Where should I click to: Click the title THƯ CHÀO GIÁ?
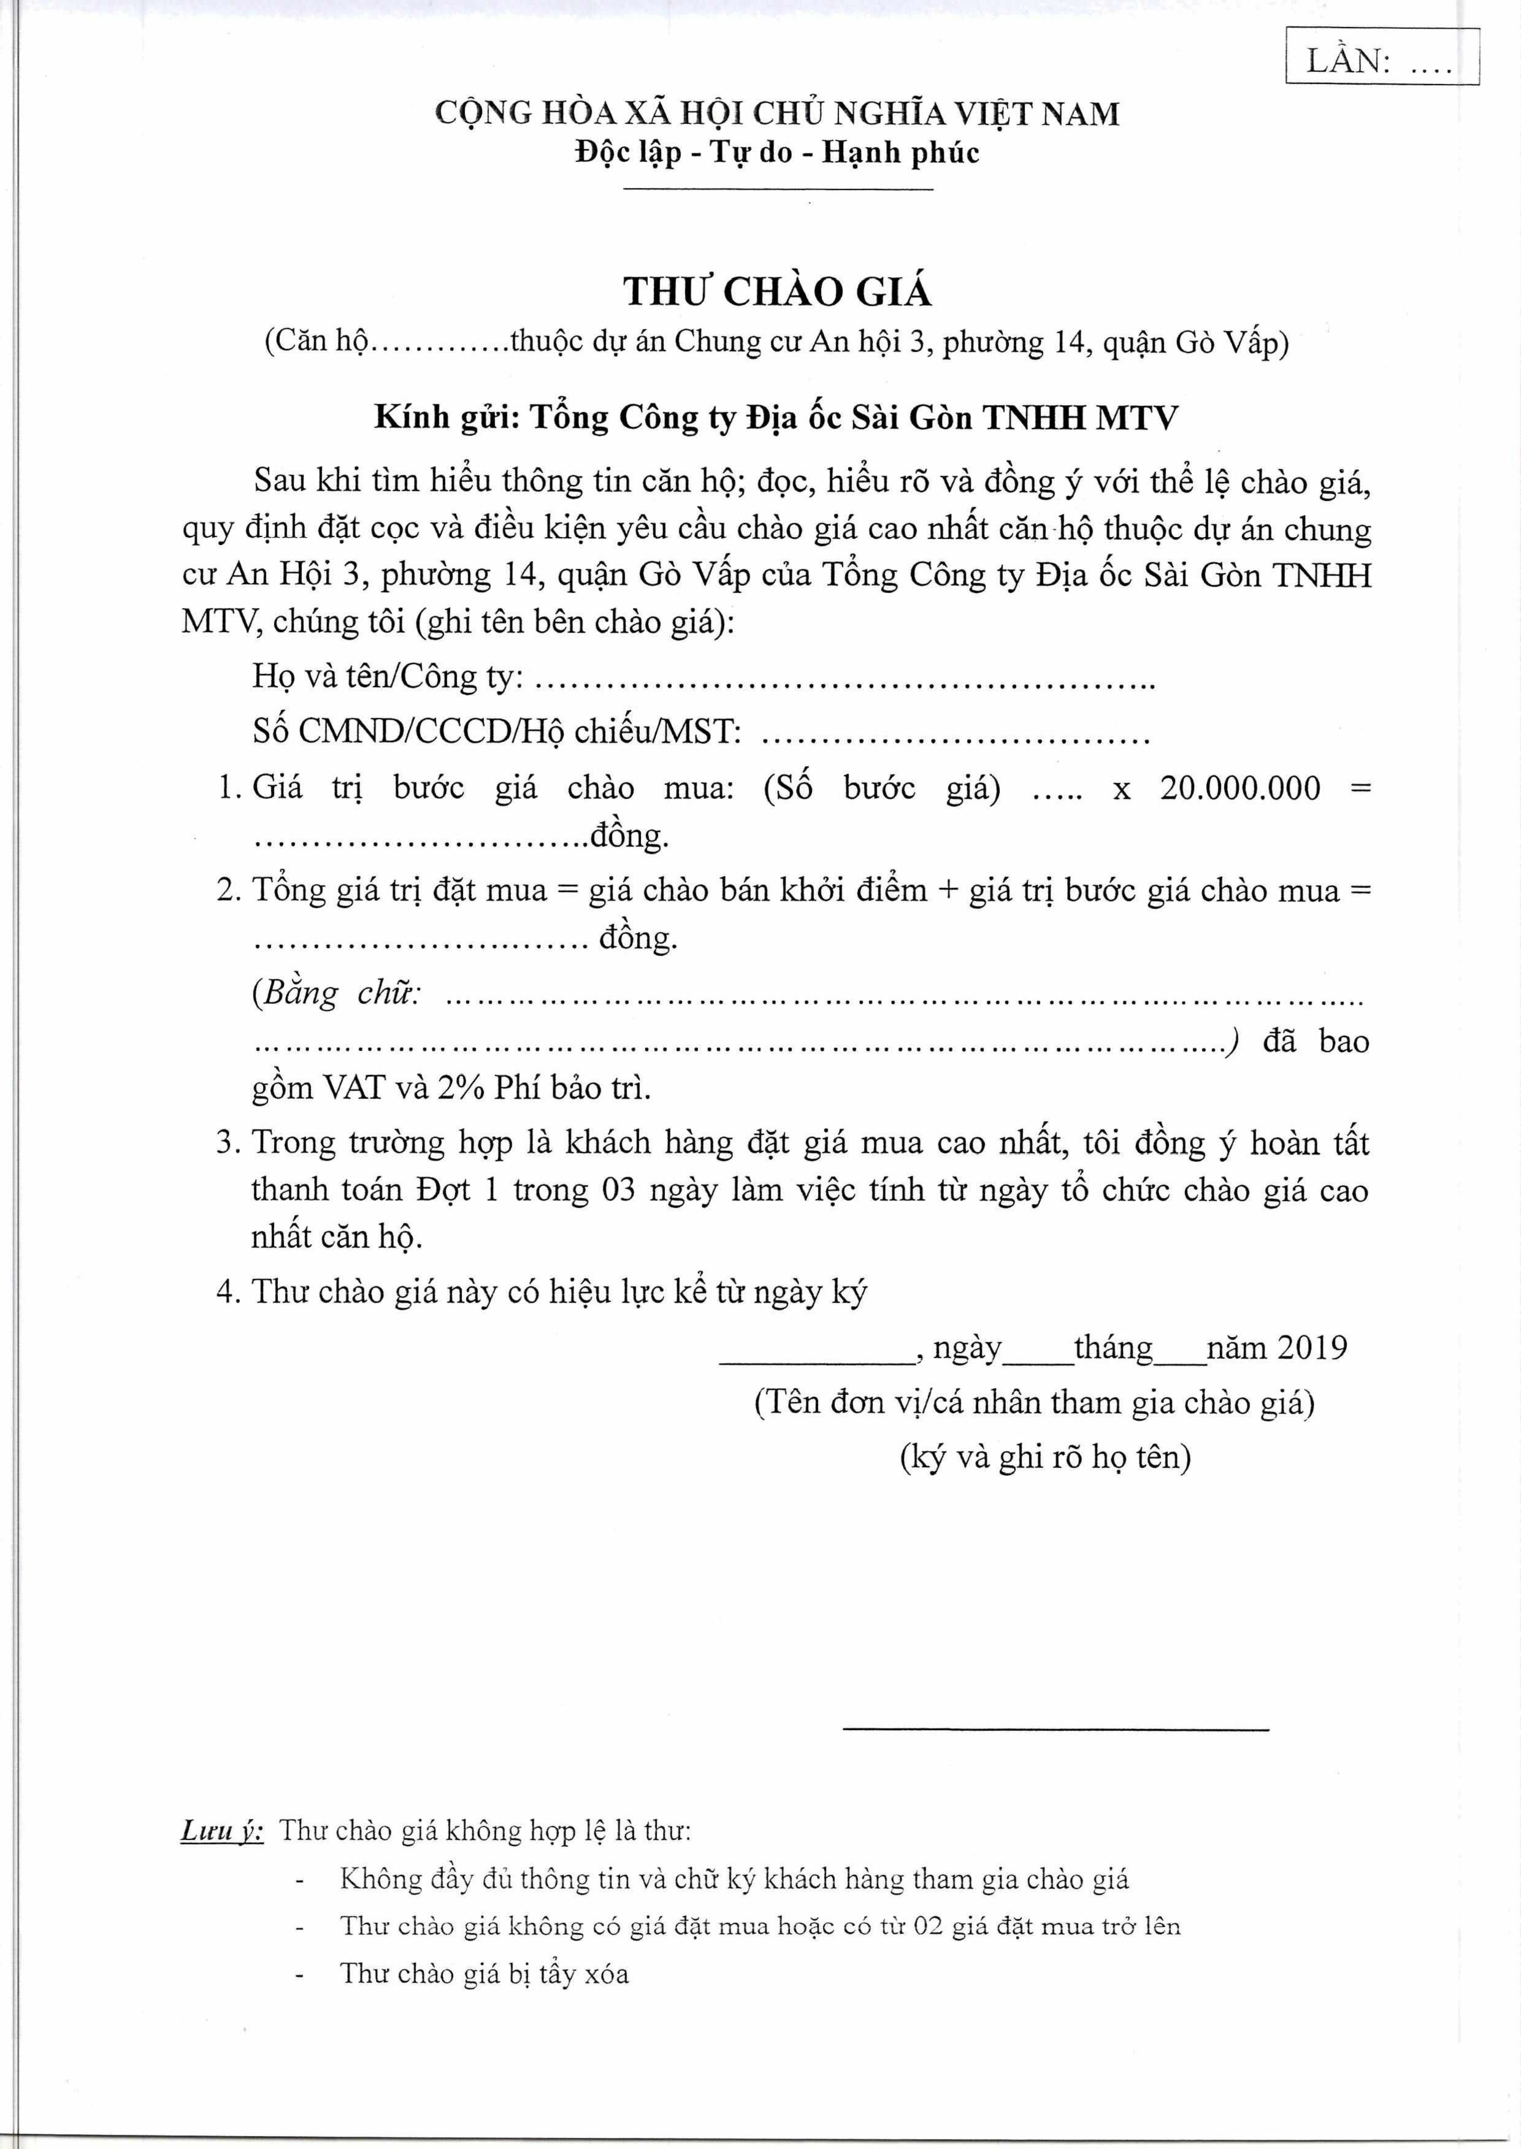pyautogui.click(x=777, y=292)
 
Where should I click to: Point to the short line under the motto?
pyautogui.click(x=777, y=191)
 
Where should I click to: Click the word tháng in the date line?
pyautogui.click(x=1113, y=1348)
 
